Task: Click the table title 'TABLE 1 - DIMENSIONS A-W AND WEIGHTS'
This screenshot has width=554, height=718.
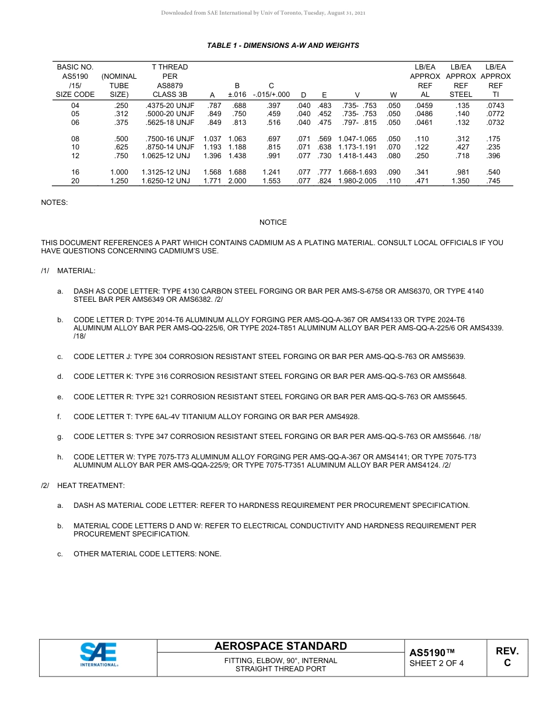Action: pos(283,46)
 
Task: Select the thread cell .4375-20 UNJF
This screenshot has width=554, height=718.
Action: pos(170,106)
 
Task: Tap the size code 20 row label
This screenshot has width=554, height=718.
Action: pos(75,181)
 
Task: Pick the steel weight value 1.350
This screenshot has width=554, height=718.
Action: pos(461,181)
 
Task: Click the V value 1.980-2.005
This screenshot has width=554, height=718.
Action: pos(357,181)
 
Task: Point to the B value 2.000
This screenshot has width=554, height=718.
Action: pos(237,181)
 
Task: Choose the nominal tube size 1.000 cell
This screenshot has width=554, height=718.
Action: pos(119,172)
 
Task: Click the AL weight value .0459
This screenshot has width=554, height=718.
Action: pos(425,106)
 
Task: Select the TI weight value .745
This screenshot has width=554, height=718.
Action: pos(493,181)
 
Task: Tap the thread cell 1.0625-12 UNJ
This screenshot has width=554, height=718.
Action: pos(166,156)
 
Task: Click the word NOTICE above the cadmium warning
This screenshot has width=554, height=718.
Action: pos(273,222)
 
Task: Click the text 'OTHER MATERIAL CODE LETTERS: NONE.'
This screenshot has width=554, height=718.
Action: pos(147,554)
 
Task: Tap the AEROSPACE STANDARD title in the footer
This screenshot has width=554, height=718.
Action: pos(280,646)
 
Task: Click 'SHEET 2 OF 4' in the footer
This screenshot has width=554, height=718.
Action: pos(436,663)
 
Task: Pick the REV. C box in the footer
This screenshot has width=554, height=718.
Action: pos(507,657)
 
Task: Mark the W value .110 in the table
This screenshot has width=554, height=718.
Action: pos(394,181)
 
